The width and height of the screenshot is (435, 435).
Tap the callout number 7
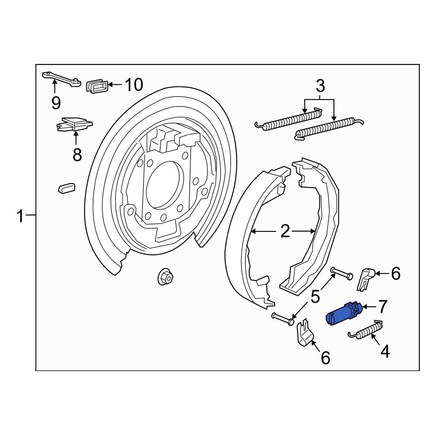pyautogui.click(x=382, y=307)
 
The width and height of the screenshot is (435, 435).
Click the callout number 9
pyautogui.click(x=56, y=103)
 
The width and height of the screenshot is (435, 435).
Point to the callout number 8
pyautogui.click(x=77, y=154)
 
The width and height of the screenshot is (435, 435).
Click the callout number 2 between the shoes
pyautogui.click(x=285, y=232)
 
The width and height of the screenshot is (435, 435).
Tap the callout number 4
pyautogui.click(x=385, y=351)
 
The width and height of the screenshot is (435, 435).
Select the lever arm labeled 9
pyautogui.click(x=61, y=79)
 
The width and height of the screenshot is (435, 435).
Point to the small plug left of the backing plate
pyautogui.click(x=67, y=187)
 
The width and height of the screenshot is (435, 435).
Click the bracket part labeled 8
pyautogui.click(x=75, y=124)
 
